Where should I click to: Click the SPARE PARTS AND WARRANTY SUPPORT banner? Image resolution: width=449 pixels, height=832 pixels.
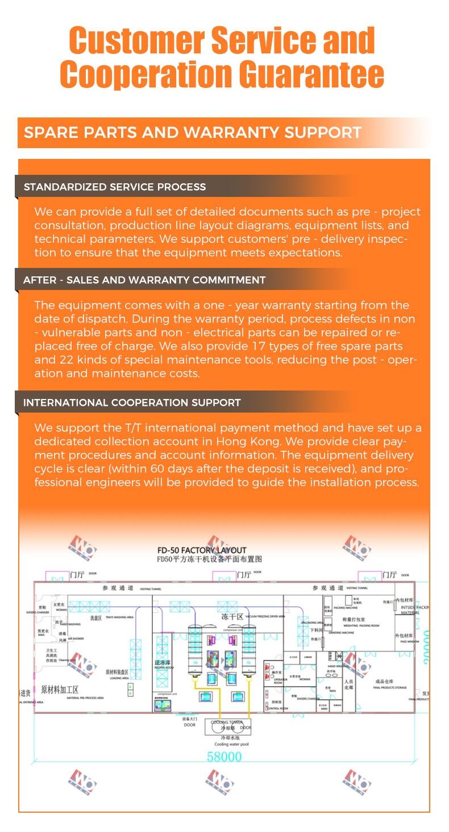point(193,133)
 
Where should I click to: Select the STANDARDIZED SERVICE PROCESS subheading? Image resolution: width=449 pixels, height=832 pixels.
point(115,187)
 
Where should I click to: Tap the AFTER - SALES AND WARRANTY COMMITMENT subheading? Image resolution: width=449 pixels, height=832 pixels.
point(144,280)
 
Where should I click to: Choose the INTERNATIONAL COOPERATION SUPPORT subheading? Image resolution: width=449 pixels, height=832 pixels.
point(132,402)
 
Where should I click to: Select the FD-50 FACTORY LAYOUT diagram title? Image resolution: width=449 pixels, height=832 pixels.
point(202,550)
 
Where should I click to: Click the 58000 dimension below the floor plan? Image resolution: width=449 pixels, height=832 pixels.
point(224,757)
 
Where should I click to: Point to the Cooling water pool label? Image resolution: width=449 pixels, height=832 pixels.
point(231,744)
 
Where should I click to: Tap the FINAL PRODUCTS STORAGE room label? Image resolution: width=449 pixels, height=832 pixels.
point(390,688)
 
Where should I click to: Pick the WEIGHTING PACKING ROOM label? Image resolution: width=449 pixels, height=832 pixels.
point(361,625)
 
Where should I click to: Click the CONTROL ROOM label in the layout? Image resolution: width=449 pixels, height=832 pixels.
point(277,709)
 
